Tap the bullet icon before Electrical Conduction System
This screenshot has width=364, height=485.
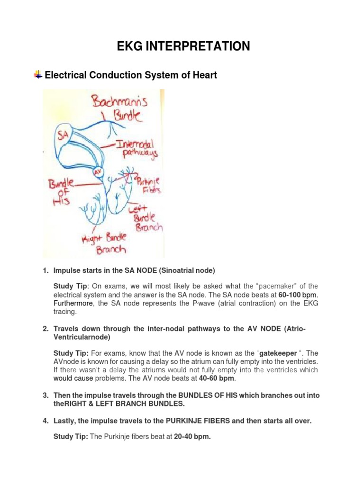tap(37, 75)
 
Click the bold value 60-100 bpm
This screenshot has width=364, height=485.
tap(300, 295)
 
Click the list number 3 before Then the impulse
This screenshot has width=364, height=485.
tap(45, 395)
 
